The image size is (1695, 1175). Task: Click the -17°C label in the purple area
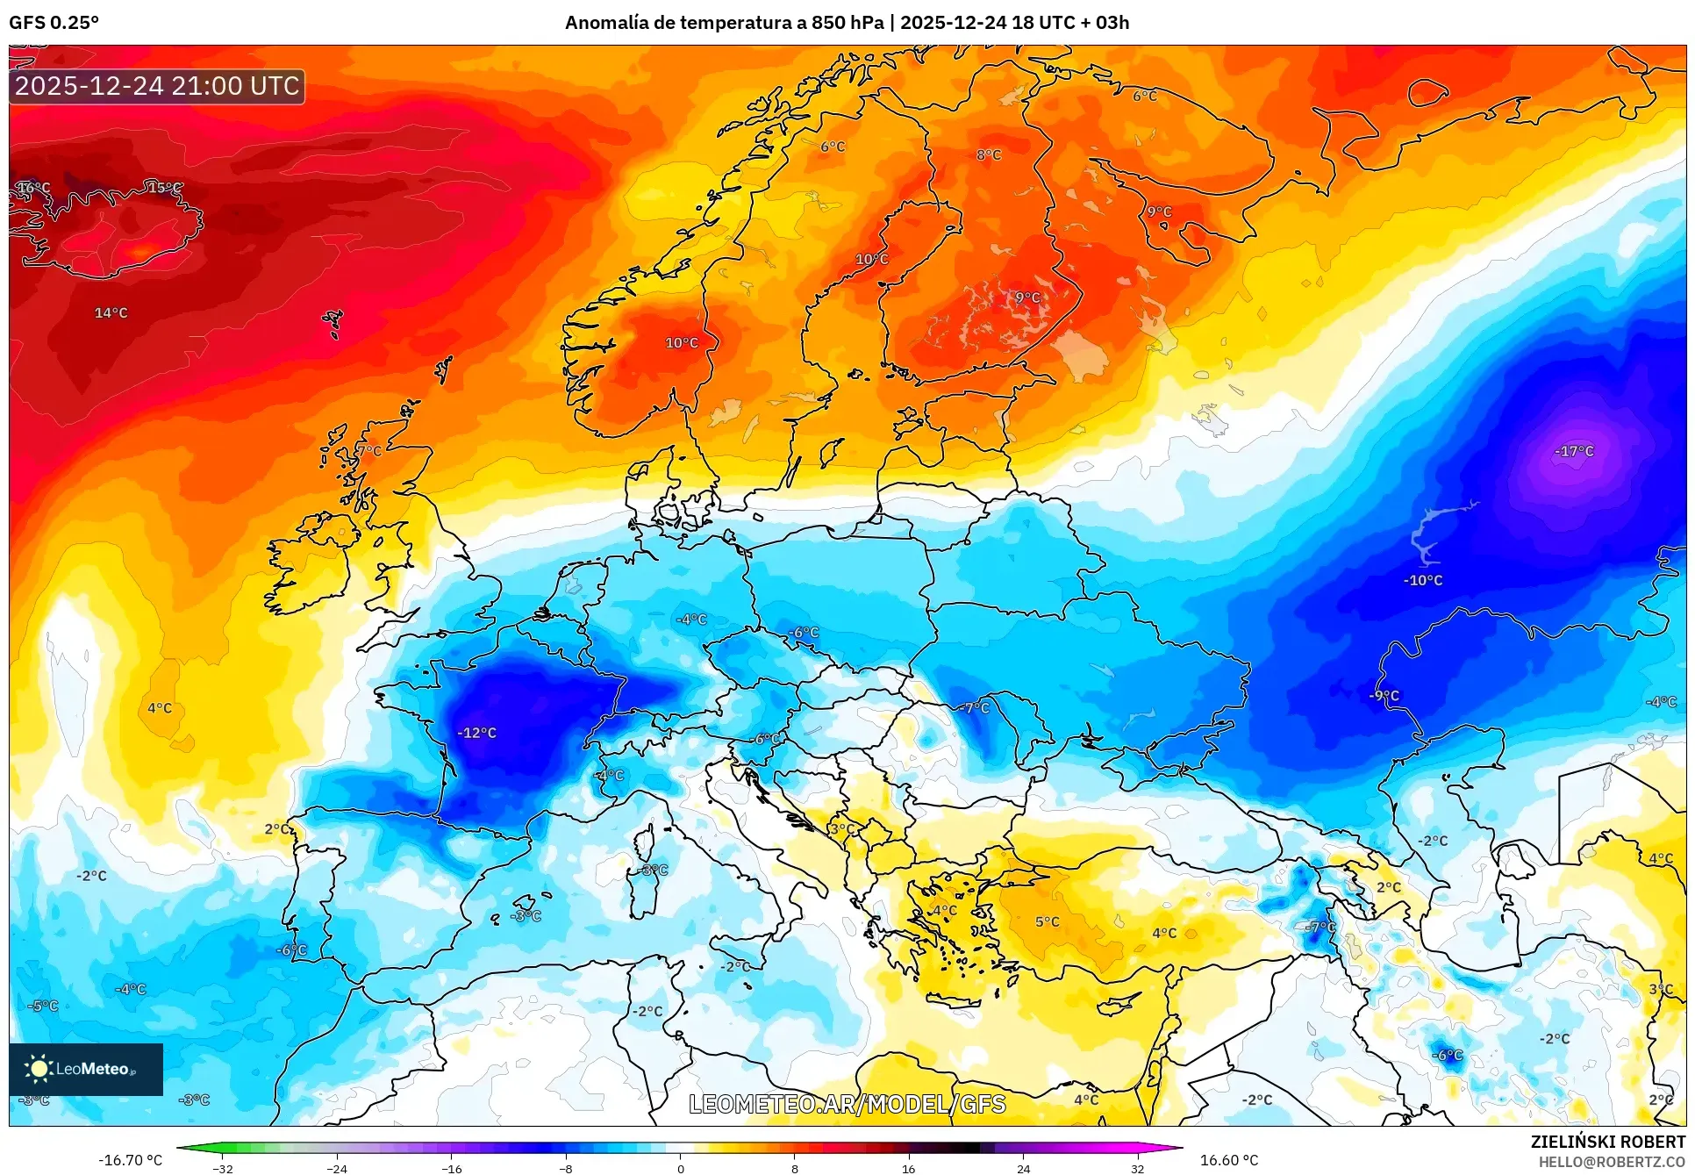[1574, 451]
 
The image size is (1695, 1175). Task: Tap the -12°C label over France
[476, 733]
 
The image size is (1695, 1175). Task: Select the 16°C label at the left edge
[34, 188]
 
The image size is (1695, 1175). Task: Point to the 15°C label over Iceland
[164, 188]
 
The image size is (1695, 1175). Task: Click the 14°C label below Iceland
[111, 312]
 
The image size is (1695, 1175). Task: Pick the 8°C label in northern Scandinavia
[989, 154]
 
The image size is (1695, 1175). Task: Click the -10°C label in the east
[1422, 580]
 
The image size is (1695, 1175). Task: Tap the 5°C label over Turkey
[1047, 921]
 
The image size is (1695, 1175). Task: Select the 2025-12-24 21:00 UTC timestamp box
[157, 86]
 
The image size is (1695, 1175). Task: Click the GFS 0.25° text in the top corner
[54, 22]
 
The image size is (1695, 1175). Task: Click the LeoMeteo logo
[86, 1069]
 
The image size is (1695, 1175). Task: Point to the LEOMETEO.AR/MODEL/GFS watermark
[847, 1104]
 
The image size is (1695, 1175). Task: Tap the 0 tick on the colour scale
[680, 1168]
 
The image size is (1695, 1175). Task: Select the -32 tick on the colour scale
[223, 1168]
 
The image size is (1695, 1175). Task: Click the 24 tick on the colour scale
[1023, 1168]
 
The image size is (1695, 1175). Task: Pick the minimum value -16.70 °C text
[130, 1160]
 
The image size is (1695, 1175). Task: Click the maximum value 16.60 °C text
[1228, 1160]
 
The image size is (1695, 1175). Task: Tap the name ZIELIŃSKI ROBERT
[1607, 1142]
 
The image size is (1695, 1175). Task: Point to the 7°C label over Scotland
[369, 450]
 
